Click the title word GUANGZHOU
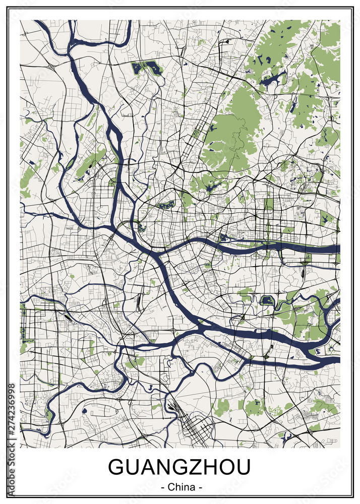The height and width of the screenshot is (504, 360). click(179, 468)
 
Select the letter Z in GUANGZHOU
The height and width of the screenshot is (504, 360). click(192, 468)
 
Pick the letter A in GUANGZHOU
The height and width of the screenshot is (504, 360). click(143, 468)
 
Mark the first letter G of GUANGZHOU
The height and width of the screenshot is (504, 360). click(116, 468)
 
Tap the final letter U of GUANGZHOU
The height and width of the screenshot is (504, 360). click(242, 468)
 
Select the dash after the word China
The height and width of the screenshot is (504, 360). click(200, 488)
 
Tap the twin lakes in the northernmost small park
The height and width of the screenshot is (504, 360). click(146, 68)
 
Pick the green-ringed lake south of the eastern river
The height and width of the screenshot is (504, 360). click(267, 301)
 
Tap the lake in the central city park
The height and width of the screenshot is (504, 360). click(166, 205)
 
